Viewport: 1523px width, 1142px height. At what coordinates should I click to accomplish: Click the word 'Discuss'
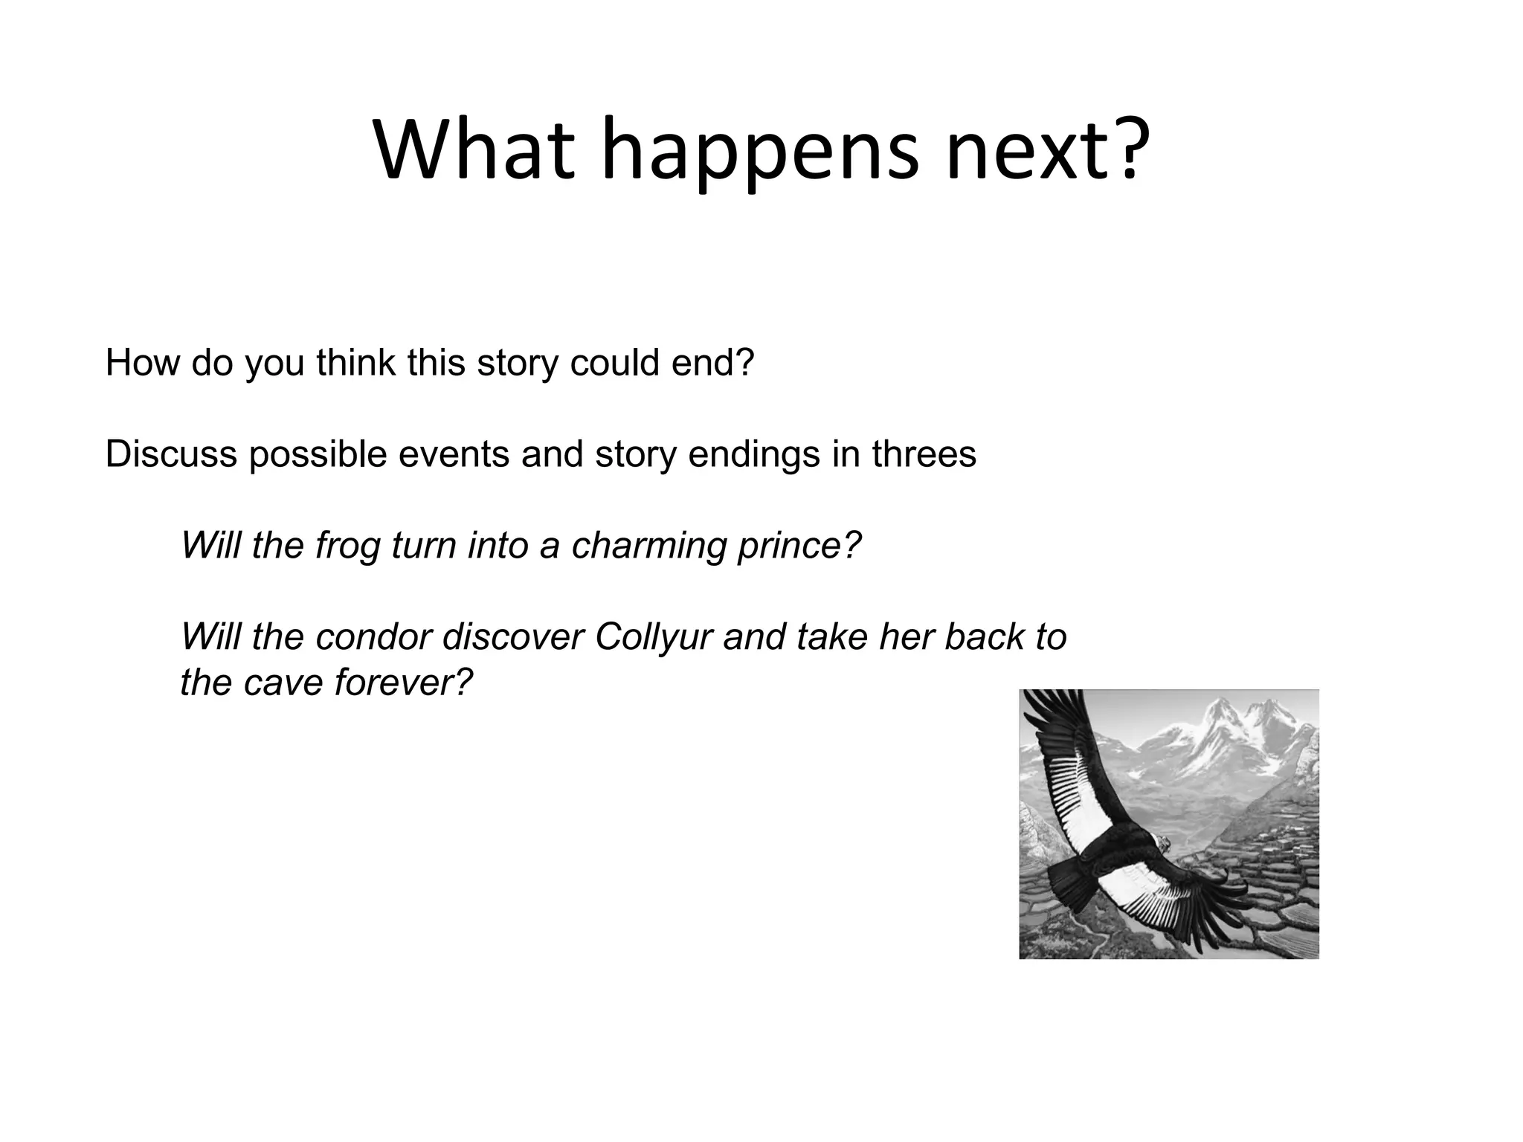click(x=171, y=454)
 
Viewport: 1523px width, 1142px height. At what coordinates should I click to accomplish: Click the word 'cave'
click(x=286, y=683)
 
